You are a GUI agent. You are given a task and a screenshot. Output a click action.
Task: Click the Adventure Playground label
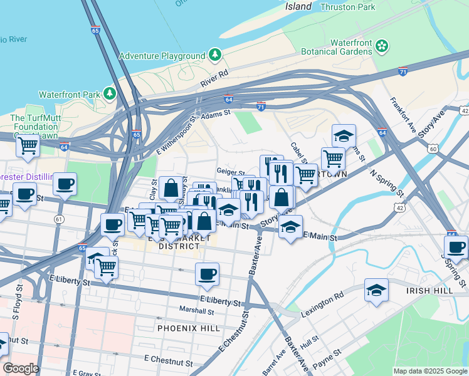pos(166,56)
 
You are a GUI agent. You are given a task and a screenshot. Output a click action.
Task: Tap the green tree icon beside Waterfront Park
pos(110,94)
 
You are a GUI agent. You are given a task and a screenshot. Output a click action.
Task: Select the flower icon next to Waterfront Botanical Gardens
pos(382,46)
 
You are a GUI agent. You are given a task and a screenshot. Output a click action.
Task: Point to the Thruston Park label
pos(347,7)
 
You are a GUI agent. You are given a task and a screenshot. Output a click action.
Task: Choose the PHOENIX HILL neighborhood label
pos(189,328)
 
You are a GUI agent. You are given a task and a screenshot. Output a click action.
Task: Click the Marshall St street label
pos(196,310)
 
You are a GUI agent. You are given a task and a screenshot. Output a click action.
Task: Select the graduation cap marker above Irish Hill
pos(376,290)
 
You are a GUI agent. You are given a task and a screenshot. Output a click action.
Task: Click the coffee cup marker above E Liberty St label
pos(207,273)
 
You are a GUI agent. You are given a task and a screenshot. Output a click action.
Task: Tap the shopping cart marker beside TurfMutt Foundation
pos(28,145)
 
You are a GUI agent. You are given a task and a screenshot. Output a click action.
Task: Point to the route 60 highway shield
pos(433,149)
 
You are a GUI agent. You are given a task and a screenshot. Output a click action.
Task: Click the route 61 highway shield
pos(59,219)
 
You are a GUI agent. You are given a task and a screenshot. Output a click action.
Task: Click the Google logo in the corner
pos(21,368)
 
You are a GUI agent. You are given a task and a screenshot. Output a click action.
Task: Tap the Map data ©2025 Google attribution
pos(429,371)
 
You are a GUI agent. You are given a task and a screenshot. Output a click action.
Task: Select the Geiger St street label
pos(230,170)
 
